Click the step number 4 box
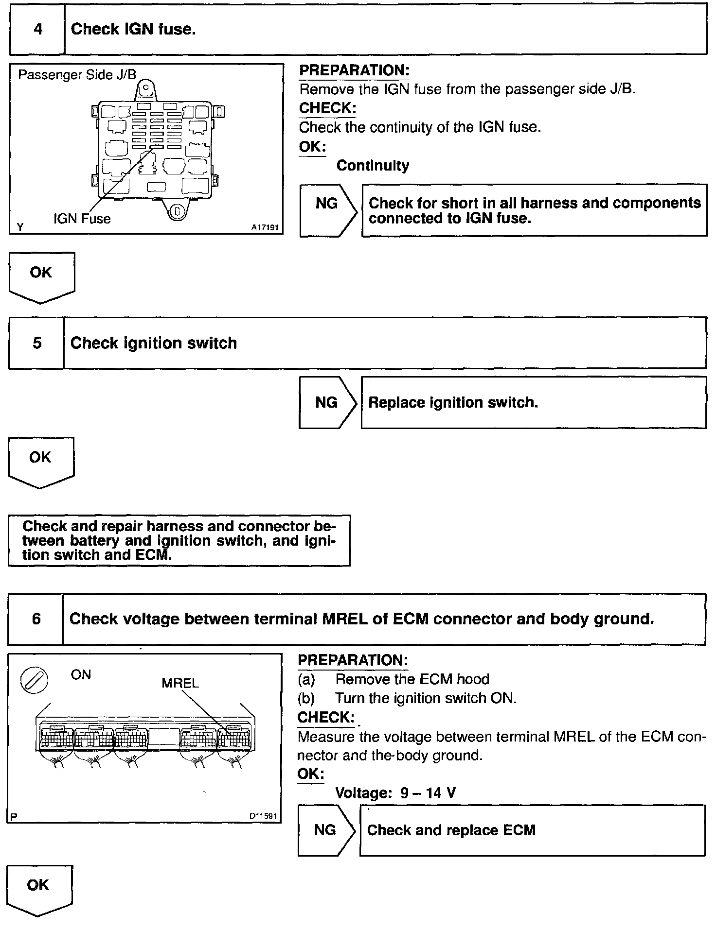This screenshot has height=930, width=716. (37, 29)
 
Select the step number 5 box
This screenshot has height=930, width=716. (36, 343)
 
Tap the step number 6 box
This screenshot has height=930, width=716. (36, 619)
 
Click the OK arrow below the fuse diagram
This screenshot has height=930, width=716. (41, 276)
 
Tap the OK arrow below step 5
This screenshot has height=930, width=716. (41, 461)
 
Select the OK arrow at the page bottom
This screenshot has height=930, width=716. (39, 889)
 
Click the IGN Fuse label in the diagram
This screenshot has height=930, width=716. (82, 219)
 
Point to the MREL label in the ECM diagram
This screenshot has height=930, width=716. (180, 683)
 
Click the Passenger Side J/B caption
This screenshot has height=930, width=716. (77, 75)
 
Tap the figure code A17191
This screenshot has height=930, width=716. (265, 227)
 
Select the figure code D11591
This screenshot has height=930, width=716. (263, 816)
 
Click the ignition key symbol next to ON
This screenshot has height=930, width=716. (34, 679)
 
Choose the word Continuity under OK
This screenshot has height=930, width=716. (373, 166)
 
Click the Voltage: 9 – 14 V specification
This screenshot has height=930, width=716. (395, 793)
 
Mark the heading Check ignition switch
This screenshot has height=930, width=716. (154, 343)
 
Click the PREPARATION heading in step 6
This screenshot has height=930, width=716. (353, 660)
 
